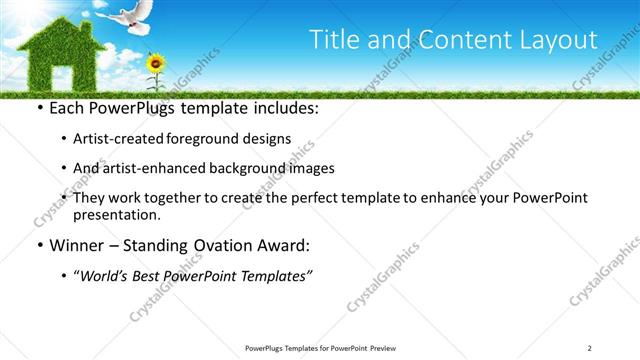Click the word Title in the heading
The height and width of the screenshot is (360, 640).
tap(334, 40)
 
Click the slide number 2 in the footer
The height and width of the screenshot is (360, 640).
tap(590, 347)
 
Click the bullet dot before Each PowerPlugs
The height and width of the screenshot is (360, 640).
tap(39, 109)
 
